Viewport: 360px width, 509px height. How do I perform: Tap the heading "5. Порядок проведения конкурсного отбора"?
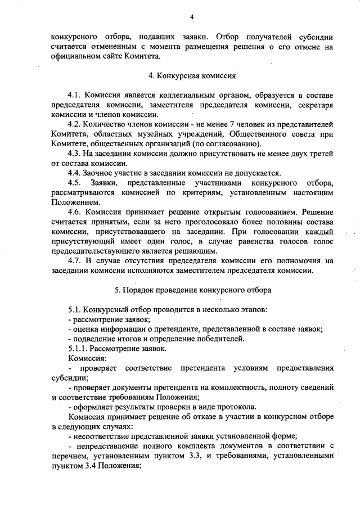pyautogui.click(x=193, y=291)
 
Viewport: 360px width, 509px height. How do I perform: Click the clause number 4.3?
pyautogui.click(x=75, y=154)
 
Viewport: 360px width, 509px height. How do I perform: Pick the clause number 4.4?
pyautogui.click(x=75, y=173)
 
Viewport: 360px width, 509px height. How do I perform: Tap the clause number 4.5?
pyautogui.click(x=75, y=183)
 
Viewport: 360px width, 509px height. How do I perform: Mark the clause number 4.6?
pyautogui.click(x=75, y=212)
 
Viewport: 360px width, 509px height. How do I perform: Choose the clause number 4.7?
pyautogui.click(x=75, y=261)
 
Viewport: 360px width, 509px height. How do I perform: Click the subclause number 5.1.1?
pyautogui.click(x=79, y=348)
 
